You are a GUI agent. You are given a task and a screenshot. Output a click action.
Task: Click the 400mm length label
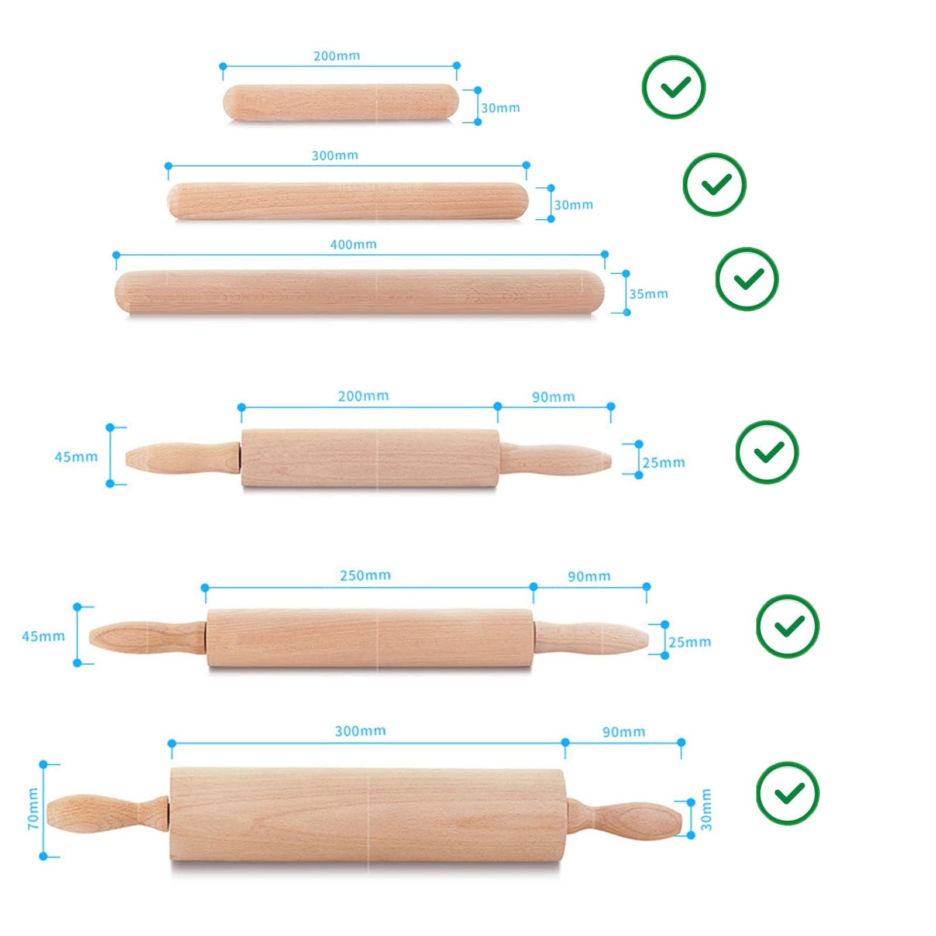(x=353, y=245)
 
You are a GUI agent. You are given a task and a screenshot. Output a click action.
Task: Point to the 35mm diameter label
(x=648, y=294)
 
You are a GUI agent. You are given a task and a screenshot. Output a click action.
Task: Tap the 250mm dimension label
(x=365, y=576)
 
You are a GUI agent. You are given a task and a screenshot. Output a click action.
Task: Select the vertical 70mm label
(x=33, y=808)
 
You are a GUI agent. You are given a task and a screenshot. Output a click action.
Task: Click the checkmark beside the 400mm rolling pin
(x=747, y=279)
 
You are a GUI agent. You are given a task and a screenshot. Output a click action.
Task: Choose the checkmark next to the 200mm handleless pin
(x=674, y=87)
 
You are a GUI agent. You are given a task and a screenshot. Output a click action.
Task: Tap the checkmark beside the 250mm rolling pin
(x=787, y=626)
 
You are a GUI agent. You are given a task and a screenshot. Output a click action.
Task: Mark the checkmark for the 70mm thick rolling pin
(x=787, y=793)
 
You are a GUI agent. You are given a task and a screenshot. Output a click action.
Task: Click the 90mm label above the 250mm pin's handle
(x=589, y=577)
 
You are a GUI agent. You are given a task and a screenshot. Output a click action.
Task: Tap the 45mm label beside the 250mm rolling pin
(x=43, y=636)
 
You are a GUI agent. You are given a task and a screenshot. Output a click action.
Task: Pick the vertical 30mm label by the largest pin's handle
(x=706, y=810)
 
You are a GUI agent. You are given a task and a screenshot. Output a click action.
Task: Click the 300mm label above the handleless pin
(x=335, y=156)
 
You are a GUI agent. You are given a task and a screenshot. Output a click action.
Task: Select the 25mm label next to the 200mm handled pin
(x=663, y=463)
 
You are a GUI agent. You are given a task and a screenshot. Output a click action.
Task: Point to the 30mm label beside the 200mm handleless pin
(x=500, y=108)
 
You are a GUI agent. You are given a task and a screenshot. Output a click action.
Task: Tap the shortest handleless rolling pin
(x=340, y=103)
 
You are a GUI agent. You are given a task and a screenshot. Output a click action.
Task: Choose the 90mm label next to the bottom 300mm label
(x=624, y=732)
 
